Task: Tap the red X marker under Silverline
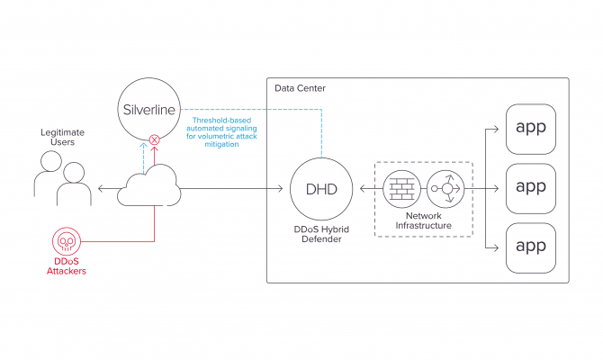tap(154, 139)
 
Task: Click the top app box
tap(531, 129)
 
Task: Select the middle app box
tap(531, 188)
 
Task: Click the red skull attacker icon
tap(64, 241)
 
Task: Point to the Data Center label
tap(301, 88)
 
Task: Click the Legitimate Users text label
tap(63, 137)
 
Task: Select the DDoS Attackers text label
tap(64, 266)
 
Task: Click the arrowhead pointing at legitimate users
tap(101, 188)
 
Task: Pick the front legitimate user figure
tap(75, 184)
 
